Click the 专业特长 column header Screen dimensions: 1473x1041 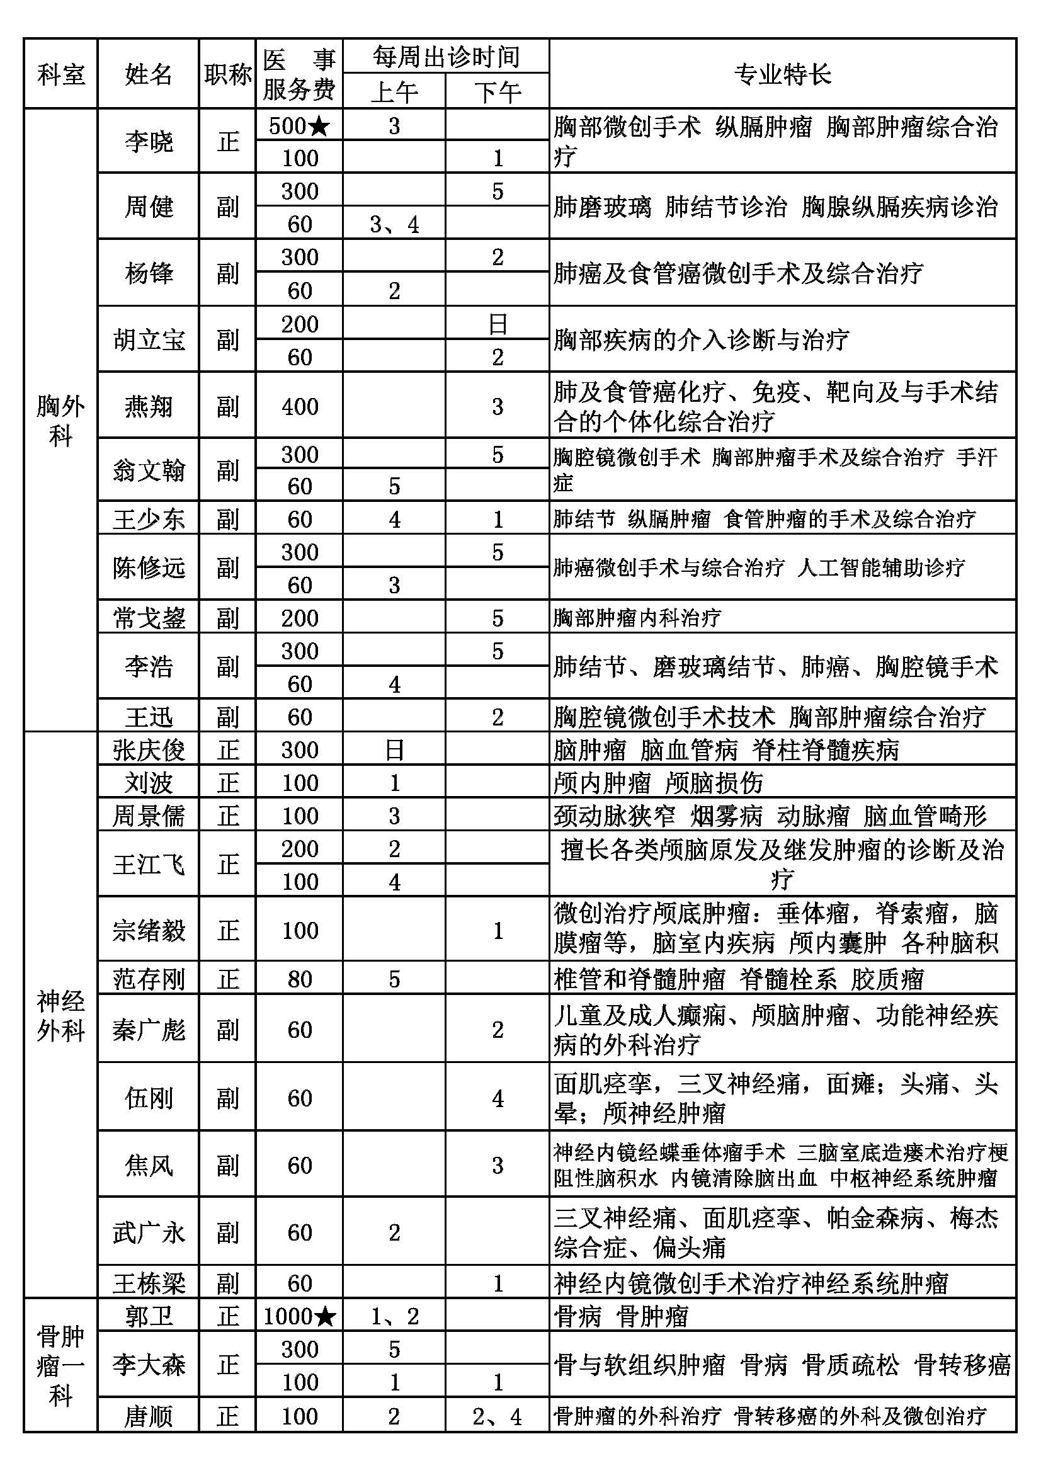click(782, 74)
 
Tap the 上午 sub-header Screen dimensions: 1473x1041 click(394, 92)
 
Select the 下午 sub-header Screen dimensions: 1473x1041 click(497, 92)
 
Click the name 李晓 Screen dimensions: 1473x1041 click(148, 141)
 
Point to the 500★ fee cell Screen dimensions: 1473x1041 click(299, 126)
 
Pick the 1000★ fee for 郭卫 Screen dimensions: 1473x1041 click(299, 1316)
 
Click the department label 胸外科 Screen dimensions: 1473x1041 click(60, 420)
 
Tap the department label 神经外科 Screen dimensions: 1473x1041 click(60, 1015)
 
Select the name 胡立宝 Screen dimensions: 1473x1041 click(148, 339)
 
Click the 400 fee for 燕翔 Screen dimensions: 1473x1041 click(299, 406)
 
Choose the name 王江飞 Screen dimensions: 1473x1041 click(148, 864)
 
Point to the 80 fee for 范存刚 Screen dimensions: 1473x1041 click(299, 979)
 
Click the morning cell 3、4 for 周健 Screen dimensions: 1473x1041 click(394, 225)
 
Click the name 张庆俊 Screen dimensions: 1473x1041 click(148, 749)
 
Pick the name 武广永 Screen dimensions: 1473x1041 click(148, 1232)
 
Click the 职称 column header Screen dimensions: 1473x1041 click(227, 74)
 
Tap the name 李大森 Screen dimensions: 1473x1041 click(148, 1365)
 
